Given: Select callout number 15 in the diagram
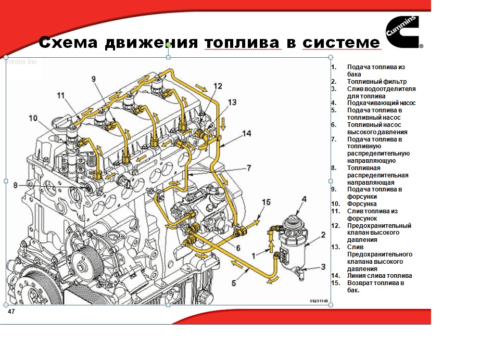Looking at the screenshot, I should (266, 202).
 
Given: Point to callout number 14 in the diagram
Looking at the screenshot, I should (247, 133).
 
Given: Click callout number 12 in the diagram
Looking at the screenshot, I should (217, 86).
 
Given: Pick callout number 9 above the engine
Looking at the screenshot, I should (94, 79).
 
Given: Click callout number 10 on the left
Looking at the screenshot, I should (33, 118).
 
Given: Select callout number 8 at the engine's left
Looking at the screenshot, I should (15, 185).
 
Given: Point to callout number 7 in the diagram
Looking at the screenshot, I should (248, 168).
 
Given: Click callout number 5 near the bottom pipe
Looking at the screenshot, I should (234, 283).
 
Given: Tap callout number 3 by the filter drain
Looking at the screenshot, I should (323, 266).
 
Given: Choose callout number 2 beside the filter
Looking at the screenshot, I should (323, 235).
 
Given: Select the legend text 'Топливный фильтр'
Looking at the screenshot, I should (377, 82).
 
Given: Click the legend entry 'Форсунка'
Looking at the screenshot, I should (362, 204).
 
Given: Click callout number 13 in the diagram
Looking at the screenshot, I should (232, 102).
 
